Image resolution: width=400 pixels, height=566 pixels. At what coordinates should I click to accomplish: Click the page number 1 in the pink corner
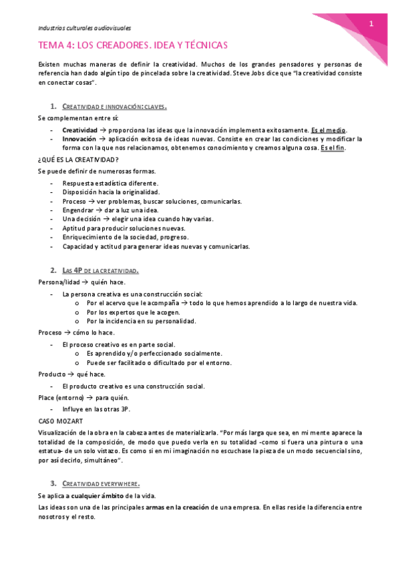(371, 24)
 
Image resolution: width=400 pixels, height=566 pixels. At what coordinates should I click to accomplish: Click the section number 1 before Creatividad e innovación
(53, 107)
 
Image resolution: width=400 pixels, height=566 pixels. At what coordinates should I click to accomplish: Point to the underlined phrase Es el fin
(332, 148)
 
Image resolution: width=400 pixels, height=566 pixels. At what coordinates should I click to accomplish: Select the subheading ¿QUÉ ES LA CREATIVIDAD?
(79, 160)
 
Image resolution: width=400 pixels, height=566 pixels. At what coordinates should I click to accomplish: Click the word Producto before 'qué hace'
(52, 374)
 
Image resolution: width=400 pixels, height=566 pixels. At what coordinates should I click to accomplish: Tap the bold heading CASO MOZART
(61, 420)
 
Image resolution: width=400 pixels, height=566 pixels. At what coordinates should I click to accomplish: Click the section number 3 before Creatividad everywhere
(53, 483)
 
